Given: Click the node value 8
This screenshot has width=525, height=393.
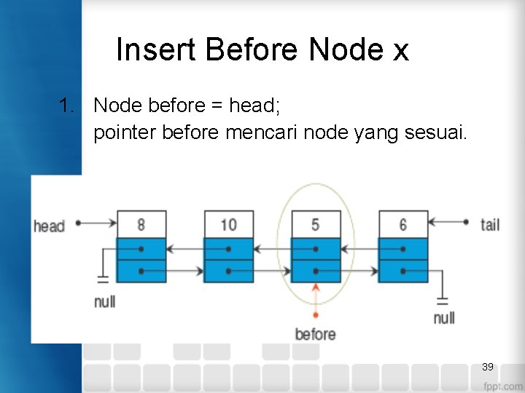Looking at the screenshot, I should tap(141, 224).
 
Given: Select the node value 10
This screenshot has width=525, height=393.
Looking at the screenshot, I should tap(228, 224).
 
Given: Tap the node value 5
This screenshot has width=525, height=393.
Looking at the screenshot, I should tap(315, 224).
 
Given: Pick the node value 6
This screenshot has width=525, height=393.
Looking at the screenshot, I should tap(402, 224).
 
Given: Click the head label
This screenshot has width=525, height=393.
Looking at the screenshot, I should tap(49, 226).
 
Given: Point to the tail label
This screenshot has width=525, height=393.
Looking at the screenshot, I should tap(490, 224).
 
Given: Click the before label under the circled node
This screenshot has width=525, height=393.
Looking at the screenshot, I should tap(315, 334).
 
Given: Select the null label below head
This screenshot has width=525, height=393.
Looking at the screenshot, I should tap(104, 301).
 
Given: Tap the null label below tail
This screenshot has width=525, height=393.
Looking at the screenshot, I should tap(443, 317).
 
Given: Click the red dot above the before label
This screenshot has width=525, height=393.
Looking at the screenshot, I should tap(315, 315).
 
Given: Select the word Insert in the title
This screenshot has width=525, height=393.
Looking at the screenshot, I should tap(157, 50).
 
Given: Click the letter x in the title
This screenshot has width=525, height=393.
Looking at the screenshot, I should tap(400, 51).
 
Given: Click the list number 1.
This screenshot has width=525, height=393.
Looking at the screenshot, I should tap(67, 106).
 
